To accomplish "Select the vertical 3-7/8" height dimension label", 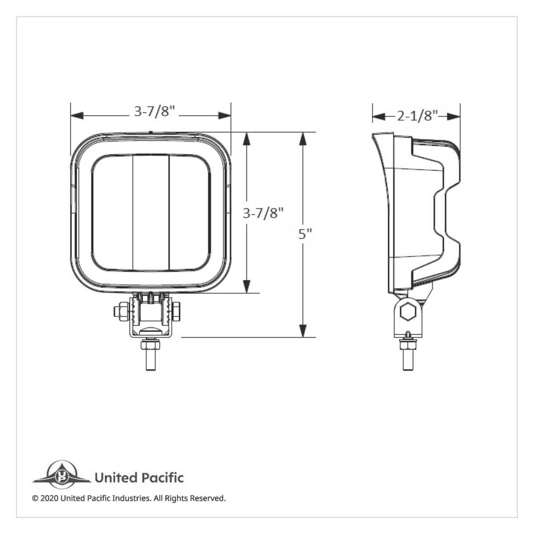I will [x=263, y=214].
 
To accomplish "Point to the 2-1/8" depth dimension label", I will [x=416, y=116].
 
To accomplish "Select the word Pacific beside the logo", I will [x=162, y=478].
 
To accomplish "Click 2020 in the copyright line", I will [x=49, y=498].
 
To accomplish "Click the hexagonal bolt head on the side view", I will [x=407, y=312].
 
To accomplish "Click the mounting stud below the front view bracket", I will [x=150, y=358].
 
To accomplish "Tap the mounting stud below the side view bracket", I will [x=407, y=358].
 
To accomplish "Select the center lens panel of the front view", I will [x=151, y=213].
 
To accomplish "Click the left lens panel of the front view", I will [x=113, y=213].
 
